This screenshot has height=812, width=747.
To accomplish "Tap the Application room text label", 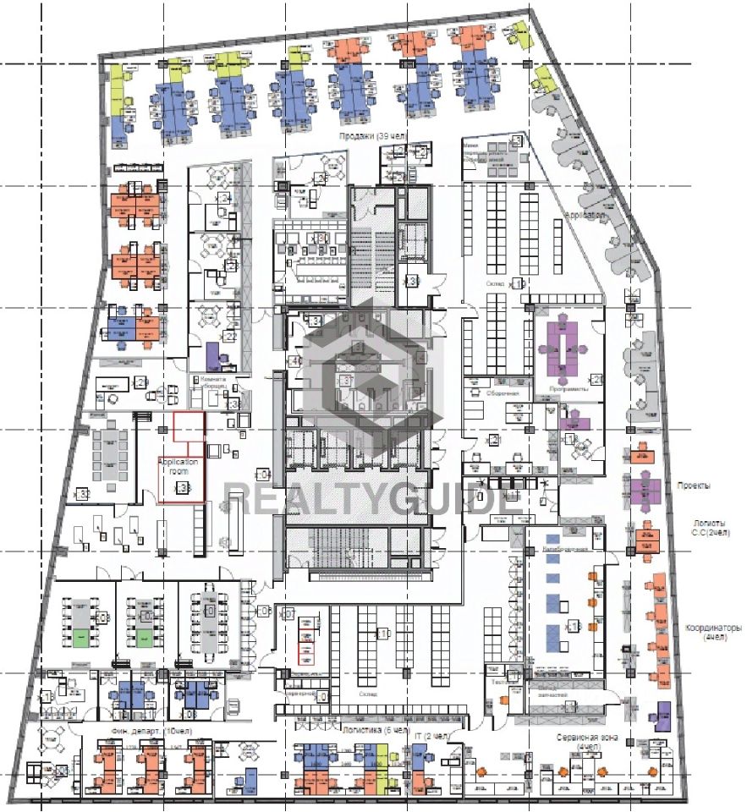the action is tap(179, 468).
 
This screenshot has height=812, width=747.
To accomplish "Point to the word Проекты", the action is tap(693, 486).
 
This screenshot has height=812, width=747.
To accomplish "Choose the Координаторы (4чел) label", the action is tap(712, 633).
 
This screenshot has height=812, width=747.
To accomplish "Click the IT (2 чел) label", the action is tap(432, 735).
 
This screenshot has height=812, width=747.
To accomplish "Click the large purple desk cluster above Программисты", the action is tap(568, 343).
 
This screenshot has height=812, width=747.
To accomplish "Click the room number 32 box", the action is tap(84, 492).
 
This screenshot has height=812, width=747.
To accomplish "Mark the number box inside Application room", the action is tap(181, 488).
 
